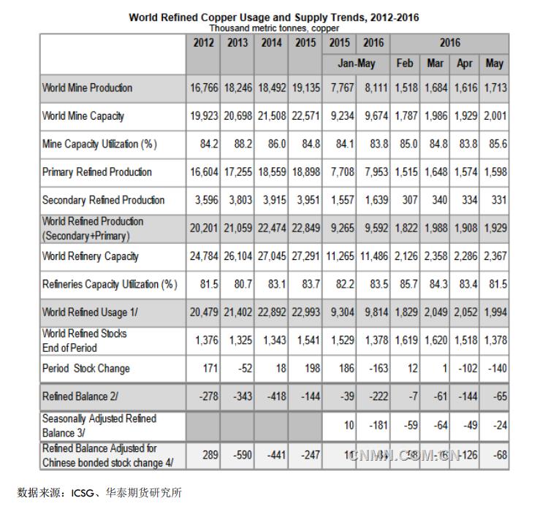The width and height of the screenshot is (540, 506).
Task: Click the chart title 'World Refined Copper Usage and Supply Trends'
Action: (x=274, y=17)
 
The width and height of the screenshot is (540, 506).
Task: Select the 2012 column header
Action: (x=204, y=42)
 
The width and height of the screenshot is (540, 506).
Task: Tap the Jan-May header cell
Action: (x=356, y=64)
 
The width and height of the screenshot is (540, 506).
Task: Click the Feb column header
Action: (x=404, y=64)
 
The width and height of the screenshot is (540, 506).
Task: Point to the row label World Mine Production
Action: (x=87, y=88)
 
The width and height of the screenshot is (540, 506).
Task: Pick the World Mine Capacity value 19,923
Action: (x=202, y=115)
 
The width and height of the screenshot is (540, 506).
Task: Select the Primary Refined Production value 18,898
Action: (x=306, y=172)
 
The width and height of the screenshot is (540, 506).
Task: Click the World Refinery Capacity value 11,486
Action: (x=373, y=256)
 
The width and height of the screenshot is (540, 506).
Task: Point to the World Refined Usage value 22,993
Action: (x=306, y=313)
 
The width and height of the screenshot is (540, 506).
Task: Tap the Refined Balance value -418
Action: (x=273, y=396)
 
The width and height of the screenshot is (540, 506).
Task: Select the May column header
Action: (x=495, y=64)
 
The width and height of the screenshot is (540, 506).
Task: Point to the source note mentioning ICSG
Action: (x=99, y=492)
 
